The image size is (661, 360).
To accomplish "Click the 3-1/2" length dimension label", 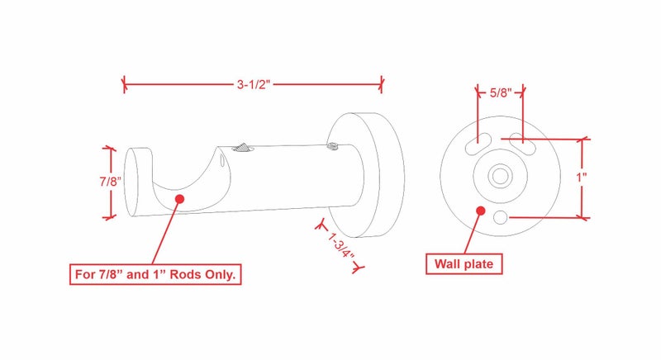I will (253, 83).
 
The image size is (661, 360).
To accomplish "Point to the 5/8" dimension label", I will (500, 92).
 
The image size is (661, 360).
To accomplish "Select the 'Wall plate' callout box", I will (464, 264).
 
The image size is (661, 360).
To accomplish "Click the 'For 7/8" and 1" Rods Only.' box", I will (155, 274).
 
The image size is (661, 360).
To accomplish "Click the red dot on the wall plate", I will (479, 211).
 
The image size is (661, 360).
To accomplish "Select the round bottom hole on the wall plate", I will (500, 216).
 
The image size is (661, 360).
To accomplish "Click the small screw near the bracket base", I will (332, 147).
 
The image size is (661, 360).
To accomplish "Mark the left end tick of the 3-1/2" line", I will (124, 83).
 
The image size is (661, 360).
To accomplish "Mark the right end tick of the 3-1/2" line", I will (382, 83).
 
